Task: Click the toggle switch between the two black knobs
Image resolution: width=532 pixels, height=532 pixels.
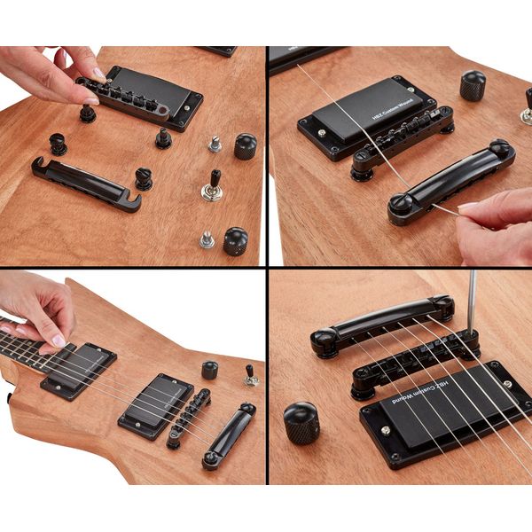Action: click(x=212, y=186)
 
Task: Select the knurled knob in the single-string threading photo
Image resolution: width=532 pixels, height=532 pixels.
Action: click(x=473, y=85)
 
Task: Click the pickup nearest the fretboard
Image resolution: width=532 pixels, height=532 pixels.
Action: click(x=78, y=368)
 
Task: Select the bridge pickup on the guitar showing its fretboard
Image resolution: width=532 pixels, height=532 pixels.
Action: click(x=156, y=404)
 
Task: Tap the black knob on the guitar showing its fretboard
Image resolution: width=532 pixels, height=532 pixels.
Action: click(x=209, y=370)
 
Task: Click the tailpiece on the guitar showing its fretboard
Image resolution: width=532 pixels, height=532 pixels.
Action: click(x=228, y=434)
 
